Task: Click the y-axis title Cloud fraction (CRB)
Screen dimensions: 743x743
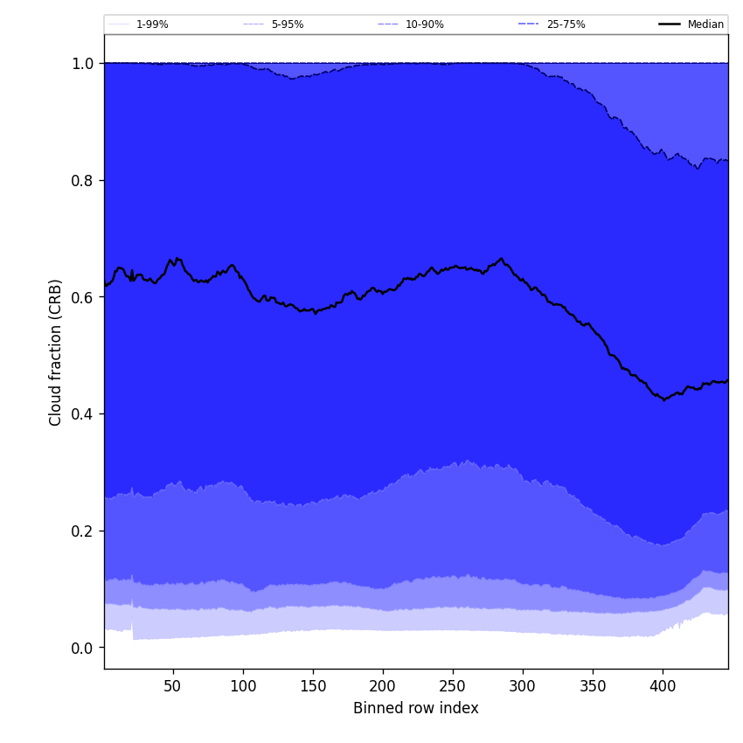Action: [x=56, y=352]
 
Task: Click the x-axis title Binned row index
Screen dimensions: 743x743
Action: [x=415, y=709]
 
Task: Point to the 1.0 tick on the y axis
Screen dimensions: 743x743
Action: [x=82, y=64]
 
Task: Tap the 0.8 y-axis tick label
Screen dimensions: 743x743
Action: [x=82, y=181]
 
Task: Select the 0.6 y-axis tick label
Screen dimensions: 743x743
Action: [x=82, y=297]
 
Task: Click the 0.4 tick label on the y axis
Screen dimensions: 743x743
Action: [x=82, y=414]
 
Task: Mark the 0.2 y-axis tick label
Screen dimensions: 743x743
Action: [x=82, y=531]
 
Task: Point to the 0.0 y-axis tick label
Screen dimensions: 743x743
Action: [x=82, y=649]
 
